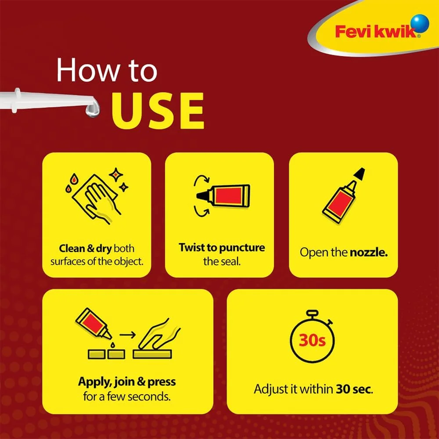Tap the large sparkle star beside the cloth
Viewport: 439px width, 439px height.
(x=116, y=175)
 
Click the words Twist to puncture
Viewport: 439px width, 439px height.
(x=222, y=248)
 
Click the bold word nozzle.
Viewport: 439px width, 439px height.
(x=368, y=252)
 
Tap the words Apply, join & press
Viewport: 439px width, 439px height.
(x=127, y=381)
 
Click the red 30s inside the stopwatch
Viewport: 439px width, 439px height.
(x=312, y=341)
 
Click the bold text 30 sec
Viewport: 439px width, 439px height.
(x=354, y=389)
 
